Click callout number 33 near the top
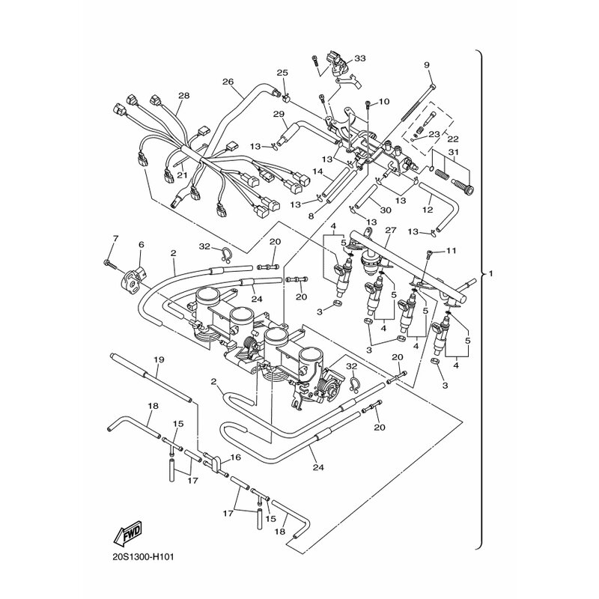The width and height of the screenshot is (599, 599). click(360, 58)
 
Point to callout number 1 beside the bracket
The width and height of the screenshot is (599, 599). click(491, 274)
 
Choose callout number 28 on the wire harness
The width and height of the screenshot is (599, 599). click(183, 96)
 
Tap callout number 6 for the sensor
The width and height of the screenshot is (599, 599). click(140, 244)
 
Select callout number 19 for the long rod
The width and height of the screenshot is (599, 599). click(159, 360)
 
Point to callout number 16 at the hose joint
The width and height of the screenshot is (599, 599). click(235, 457)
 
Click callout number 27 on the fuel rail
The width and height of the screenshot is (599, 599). click(390, 231)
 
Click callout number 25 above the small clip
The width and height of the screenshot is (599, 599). click(282, 73)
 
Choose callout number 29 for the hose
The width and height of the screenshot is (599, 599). click(279, 114)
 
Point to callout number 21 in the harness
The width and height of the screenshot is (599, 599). click(180, 174)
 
